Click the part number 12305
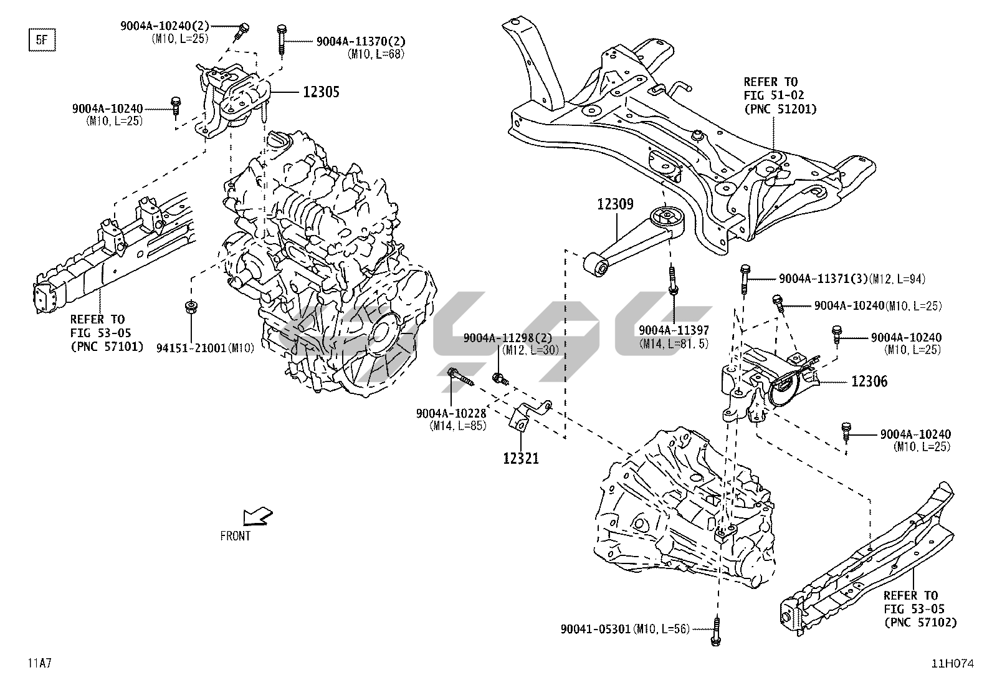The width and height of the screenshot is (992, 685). (x=321, y=92)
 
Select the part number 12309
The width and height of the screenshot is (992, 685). (x=615, y=204)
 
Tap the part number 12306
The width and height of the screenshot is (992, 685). (x=869, y=381)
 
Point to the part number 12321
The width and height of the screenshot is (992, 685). (x=521, y=459)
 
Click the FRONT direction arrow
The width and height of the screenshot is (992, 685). (x=257, y=516)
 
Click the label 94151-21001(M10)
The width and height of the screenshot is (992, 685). (x=205, y=348)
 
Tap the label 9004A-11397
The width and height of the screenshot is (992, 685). (x=673, y=330)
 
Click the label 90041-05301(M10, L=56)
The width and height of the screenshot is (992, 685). (x=625, y=629)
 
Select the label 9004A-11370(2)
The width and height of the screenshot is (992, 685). (x=361, y=41)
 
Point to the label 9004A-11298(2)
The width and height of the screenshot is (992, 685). (x=507, y=338)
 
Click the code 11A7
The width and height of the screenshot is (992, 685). (x=39, y=663)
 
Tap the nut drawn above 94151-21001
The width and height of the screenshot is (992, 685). (x=189, y=307)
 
